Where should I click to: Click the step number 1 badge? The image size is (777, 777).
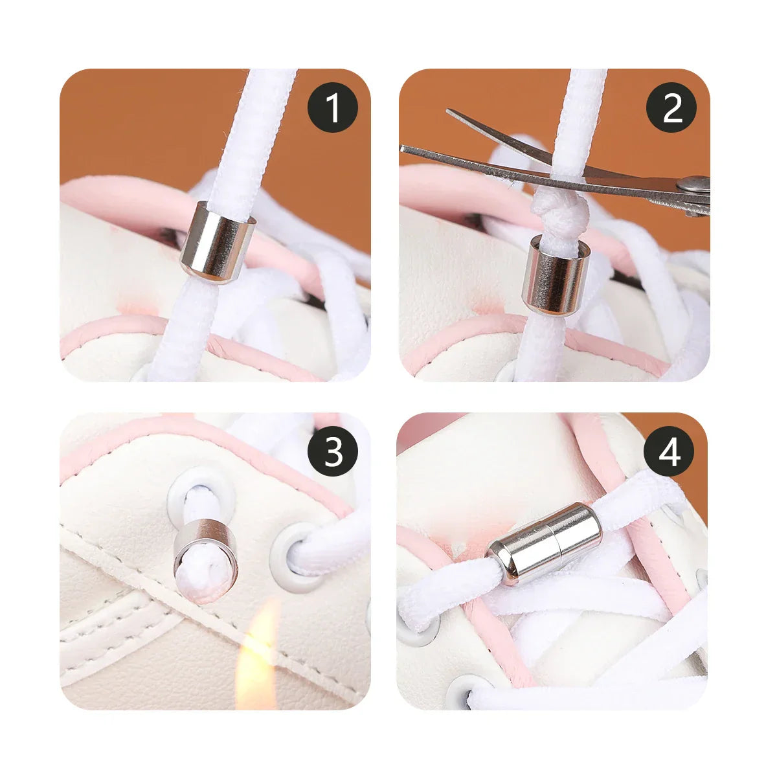point(333,107)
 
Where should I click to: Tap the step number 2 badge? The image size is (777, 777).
point(672,107)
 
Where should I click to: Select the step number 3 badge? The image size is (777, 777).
point(333,452)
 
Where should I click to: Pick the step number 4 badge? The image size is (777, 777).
point(670,452)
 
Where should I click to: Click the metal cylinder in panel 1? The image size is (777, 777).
point(217,242)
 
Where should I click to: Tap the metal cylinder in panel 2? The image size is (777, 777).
point(556,276)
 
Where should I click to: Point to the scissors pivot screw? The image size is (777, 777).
point(697,185)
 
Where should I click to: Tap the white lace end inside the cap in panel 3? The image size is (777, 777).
point(205,573)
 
